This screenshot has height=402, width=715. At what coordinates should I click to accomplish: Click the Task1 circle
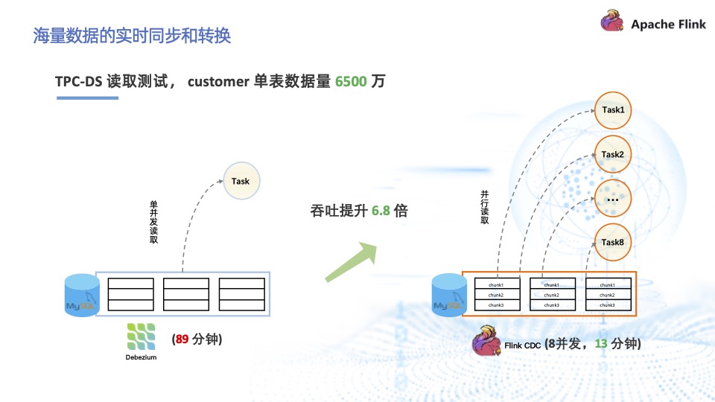(x=612, y=110)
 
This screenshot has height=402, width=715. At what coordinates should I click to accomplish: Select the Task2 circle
(x=612, y=154)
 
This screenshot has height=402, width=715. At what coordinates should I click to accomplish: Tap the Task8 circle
(x=612, y=242)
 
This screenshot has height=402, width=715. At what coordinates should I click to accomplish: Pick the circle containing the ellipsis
(x=612, y=198)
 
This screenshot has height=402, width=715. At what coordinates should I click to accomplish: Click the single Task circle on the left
(x=241, y=181)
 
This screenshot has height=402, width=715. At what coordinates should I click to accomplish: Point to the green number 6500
(x=351, y=81)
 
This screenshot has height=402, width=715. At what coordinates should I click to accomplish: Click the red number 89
(x=181, y=339)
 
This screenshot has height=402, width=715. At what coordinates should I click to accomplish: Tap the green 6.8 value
(x=381, y=211)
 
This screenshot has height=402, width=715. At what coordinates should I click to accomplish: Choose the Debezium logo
(x=142, y=336)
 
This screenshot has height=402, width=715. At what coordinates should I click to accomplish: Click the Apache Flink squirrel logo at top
(x=612, y=22)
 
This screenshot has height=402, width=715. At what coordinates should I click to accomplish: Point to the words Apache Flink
(x=668, y=24)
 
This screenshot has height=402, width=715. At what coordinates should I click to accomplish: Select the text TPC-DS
(x=79, y=81)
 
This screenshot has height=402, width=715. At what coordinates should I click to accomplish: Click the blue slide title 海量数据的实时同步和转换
(x=132, y=35)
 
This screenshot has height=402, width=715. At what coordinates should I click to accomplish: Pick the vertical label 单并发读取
(x=154, y=221)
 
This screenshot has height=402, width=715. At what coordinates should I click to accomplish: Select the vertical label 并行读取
(x=485, y=206)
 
